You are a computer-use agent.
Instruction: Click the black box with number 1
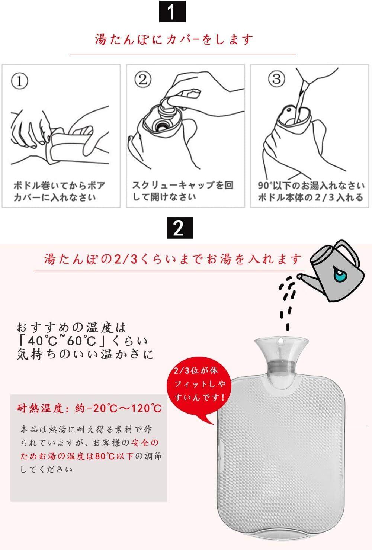[172, 12]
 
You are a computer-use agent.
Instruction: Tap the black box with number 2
[180, 228]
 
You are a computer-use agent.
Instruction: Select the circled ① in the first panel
[19, 81]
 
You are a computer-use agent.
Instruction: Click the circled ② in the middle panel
[142, 79]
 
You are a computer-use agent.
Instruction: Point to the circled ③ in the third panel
[276, 79]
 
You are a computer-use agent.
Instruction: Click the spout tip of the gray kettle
[299, 277]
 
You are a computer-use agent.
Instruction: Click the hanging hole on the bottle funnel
[280, 341]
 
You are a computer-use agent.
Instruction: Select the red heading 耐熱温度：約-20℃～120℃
[89, 408]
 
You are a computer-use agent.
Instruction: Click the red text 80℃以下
[114, 456]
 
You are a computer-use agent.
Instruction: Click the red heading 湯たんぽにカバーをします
[174, 39]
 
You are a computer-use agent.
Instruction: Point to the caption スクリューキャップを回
[183, 185]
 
